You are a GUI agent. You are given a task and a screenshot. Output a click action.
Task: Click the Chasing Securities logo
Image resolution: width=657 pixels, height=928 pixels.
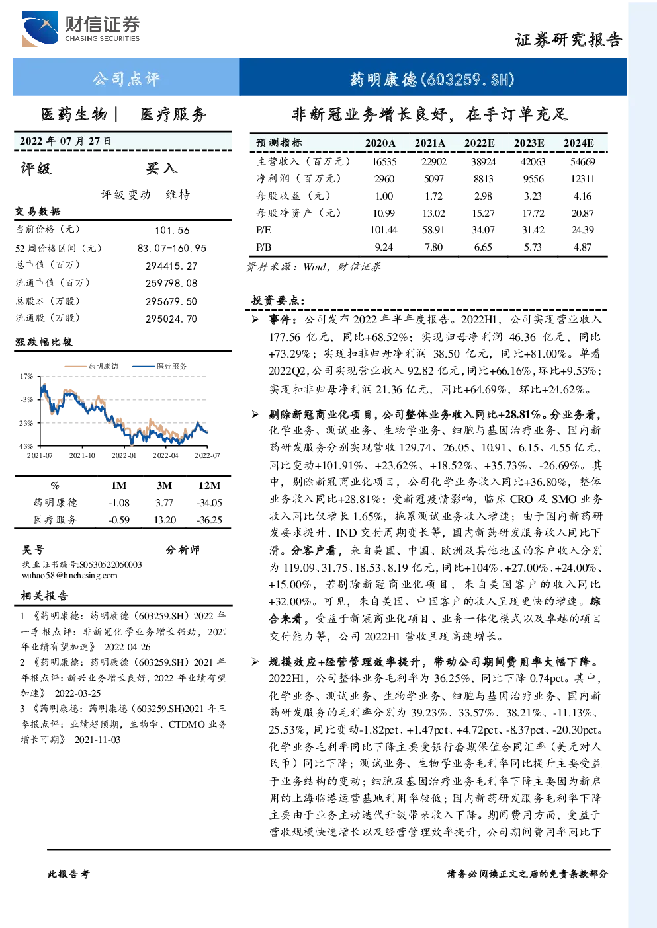point(81,28)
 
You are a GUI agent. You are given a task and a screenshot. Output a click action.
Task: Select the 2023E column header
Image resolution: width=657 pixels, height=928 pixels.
point(529,143)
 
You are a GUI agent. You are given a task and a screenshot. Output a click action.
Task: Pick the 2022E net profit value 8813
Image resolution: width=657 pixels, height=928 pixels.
point(483,179)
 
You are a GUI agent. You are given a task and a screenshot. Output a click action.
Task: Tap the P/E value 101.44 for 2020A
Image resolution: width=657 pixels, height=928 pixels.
point(384,230)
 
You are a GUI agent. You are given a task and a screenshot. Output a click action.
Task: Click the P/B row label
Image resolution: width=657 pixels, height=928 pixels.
point(263,247)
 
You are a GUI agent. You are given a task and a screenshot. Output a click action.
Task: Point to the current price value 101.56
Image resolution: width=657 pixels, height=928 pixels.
point(172,230)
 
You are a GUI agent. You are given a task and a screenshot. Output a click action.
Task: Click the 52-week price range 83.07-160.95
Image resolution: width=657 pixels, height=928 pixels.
point(172,248)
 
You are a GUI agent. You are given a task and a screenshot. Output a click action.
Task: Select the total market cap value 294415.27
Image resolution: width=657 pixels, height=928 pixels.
point(171,266)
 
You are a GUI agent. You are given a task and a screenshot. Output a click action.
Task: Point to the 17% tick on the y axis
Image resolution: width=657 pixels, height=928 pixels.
point(26,376)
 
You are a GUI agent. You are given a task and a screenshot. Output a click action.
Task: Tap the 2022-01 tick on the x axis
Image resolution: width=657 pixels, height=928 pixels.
point(124,455)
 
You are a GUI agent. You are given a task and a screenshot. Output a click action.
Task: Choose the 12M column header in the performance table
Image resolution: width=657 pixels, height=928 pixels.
point(209,486)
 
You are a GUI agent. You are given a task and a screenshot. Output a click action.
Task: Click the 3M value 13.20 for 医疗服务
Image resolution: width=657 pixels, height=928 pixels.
point(165,520)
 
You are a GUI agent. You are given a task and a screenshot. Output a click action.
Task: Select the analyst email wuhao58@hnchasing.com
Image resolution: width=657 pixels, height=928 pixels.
point(69,576)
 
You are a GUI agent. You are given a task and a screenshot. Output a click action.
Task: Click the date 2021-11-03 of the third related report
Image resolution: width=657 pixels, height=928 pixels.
point(97,740)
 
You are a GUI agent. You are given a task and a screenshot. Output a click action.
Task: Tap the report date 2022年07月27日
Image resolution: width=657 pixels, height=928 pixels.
point(65,141)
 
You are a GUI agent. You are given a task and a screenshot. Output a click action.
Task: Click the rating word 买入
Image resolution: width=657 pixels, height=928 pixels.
point(161,169)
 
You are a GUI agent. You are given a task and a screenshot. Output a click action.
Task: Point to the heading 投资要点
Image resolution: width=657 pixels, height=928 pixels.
point(277,300)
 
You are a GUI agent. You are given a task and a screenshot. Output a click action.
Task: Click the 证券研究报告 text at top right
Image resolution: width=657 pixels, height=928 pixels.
point(568,40)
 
